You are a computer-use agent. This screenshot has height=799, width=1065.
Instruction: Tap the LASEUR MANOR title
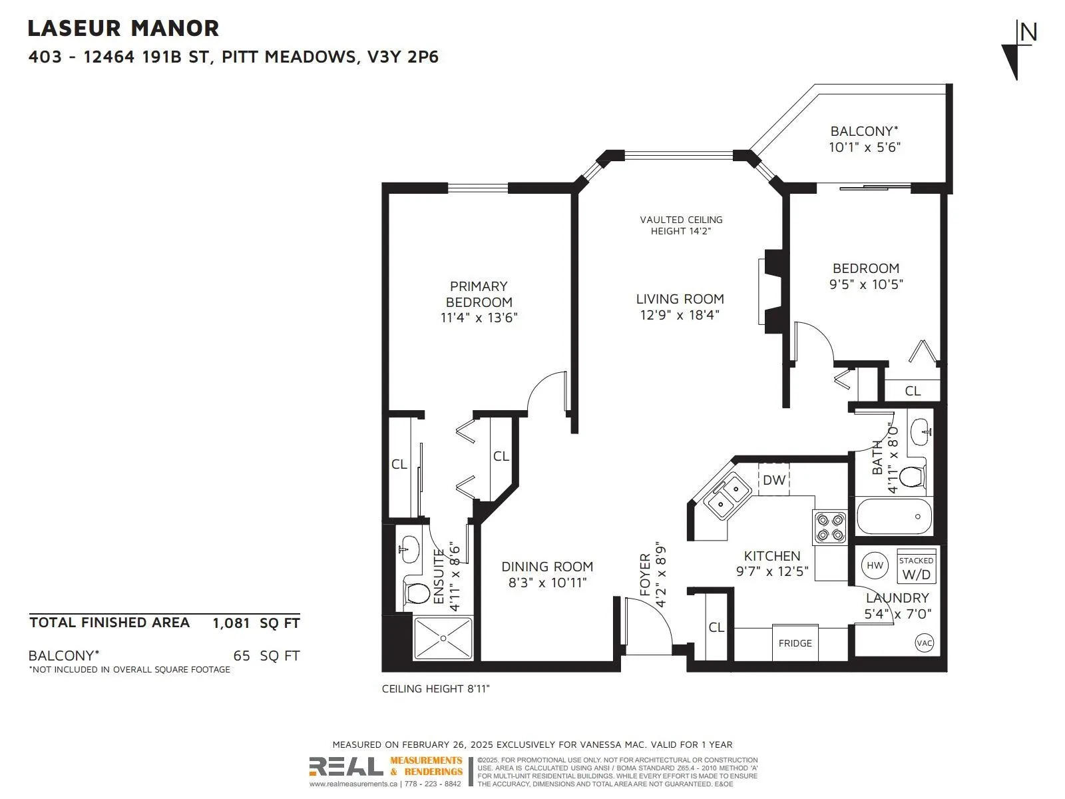click(123, 29)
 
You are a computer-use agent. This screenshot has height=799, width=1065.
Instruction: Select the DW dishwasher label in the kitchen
click(773, 480)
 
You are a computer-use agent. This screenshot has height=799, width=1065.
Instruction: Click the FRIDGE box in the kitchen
click(795, 643)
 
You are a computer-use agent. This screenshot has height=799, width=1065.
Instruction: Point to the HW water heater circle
click(875, 565)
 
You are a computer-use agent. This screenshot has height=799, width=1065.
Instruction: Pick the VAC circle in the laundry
click(925, 643)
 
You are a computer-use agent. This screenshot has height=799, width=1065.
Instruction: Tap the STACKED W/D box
click(916, 567)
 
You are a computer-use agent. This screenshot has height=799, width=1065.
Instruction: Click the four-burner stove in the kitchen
click(830, 527)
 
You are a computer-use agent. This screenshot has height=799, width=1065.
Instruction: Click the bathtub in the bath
click(894, 516)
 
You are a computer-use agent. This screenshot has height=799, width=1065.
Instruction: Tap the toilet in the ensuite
click(416, 593)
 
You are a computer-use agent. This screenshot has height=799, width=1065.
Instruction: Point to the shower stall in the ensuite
click(443, 638)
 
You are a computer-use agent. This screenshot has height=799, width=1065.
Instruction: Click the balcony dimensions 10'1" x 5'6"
click(865, 147)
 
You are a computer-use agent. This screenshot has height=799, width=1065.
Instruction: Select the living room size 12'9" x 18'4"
click(680, 315)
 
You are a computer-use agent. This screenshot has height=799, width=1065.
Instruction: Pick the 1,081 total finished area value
click(231, 623)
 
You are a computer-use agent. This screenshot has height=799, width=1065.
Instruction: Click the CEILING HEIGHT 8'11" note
click(436, 689)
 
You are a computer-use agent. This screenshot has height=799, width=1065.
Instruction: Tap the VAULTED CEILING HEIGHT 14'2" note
click(681, 226)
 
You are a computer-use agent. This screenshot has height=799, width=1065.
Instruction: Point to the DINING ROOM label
click(547, 567)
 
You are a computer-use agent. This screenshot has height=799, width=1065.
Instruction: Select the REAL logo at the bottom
click(346, 766)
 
